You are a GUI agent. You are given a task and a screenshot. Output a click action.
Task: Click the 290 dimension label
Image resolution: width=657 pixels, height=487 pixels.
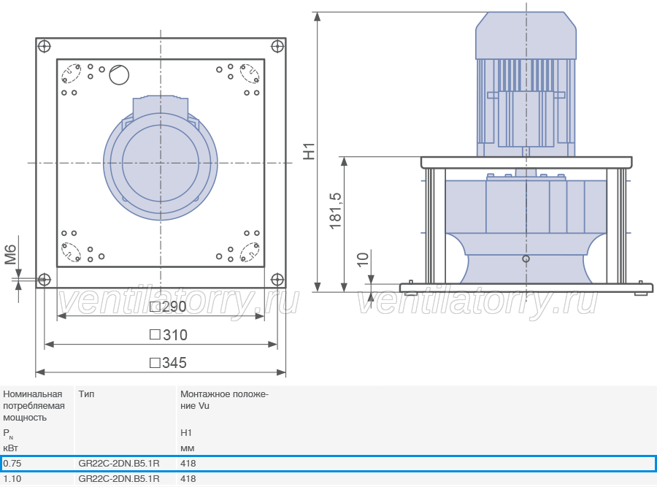click(x=168, y=307)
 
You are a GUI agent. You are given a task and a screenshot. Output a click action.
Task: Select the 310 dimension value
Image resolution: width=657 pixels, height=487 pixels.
click(x=169, y=335)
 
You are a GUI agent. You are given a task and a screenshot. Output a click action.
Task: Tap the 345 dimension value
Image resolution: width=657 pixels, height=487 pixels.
click(x=168, y=363)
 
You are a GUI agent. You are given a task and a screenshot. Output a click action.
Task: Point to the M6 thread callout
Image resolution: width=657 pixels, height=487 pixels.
click(x=10, y=255)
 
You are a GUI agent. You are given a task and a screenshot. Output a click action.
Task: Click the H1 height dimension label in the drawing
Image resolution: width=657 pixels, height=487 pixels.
click(x=309, y=151)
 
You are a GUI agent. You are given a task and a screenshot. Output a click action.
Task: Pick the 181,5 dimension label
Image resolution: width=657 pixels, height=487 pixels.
click(x=336, y=211)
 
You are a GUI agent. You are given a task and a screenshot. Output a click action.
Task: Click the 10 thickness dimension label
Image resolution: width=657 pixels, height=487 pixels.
click(x=363, y=259)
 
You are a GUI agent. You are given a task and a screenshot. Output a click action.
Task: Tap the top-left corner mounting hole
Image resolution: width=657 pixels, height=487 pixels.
click(x=44, y=46)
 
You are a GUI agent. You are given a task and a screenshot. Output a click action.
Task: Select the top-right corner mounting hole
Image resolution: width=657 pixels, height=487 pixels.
click(x=277, y=46)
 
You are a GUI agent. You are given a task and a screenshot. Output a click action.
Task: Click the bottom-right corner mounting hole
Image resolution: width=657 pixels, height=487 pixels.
click(x=277, y=279)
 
